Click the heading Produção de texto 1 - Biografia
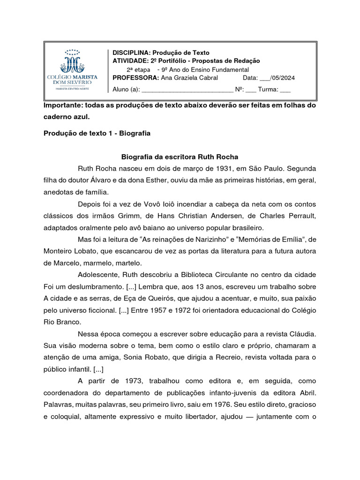coord(97,133)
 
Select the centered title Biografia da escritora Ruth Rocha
coord(180,157)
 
